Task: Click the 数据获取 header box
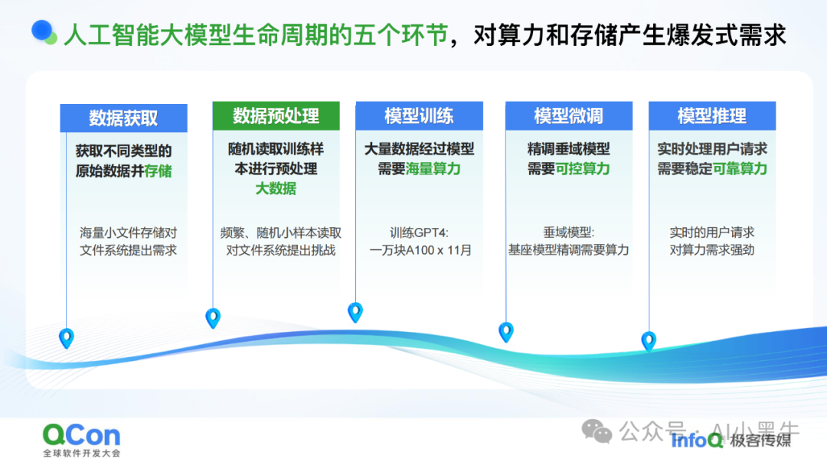[123, 118]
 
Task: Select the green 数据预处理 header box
[276, 115]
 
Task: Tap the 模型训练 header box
[418, 115]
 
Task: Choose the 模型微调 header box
[568, 115]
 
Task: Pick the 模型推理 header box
[711, 115]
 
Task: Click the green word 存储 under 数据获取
[158, 171]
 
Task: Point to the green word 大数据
[276, 188]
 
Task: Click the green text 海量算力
[433, 169]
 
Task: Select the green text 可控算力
[583, 169]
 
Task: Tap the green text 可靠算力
[740, 169]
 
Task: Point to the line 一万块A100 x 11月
[420, 250]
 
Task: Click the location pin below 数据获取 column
[67, 337]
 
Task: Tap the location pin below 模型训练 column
[355, 311]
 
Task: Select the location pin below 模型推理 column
[649, 340]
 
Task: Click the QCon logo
[81, 435]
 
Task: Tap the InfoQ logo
[696, 440]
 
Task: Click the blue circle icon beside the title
[44, 31]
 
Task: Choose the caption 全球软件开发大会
[81, 454]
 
